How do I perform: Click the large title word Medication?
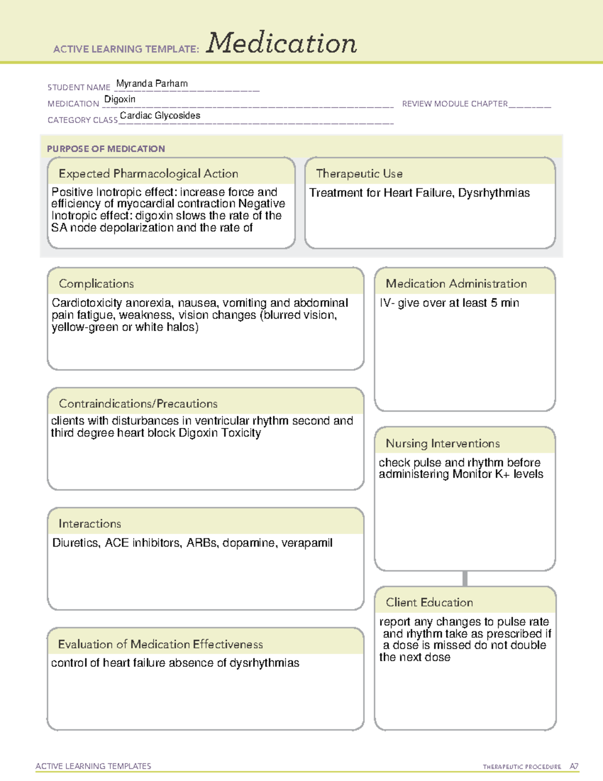click(x=281, y=43)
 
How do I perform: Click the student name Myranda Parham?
click(x=152, y=83)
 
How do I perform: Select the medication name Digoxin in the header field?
click(x=120, y=100)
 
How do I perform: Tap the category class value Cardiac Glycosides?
click(x=160, y=116)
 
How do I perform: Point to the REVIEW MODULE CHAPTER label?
click(x=455, y=104)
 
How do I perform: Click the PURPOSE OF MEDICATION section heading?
click(x=106, y=149)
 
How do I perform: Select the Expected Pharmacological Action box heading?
click(x=148, y=173)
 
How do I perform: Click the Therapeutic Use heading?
click(x=359, y=173)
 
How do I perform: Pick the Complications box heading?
click(x=96, y=284)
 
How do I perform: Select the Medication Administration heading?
click(x=456, y=284)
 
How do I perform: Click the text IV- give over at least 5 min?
click(x=449, y=303)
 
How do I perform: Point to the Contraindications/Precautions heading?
click(x=138, y=404)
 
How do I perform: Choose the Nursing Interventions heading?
click(x=443, y=444)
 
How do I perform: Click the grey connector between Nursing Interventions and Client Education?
click(x=465, y=578)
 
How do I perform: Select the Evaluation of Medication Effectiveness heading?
click(x=160, y=644)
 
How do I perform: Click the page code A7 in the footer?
click(x=574, y=766)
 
